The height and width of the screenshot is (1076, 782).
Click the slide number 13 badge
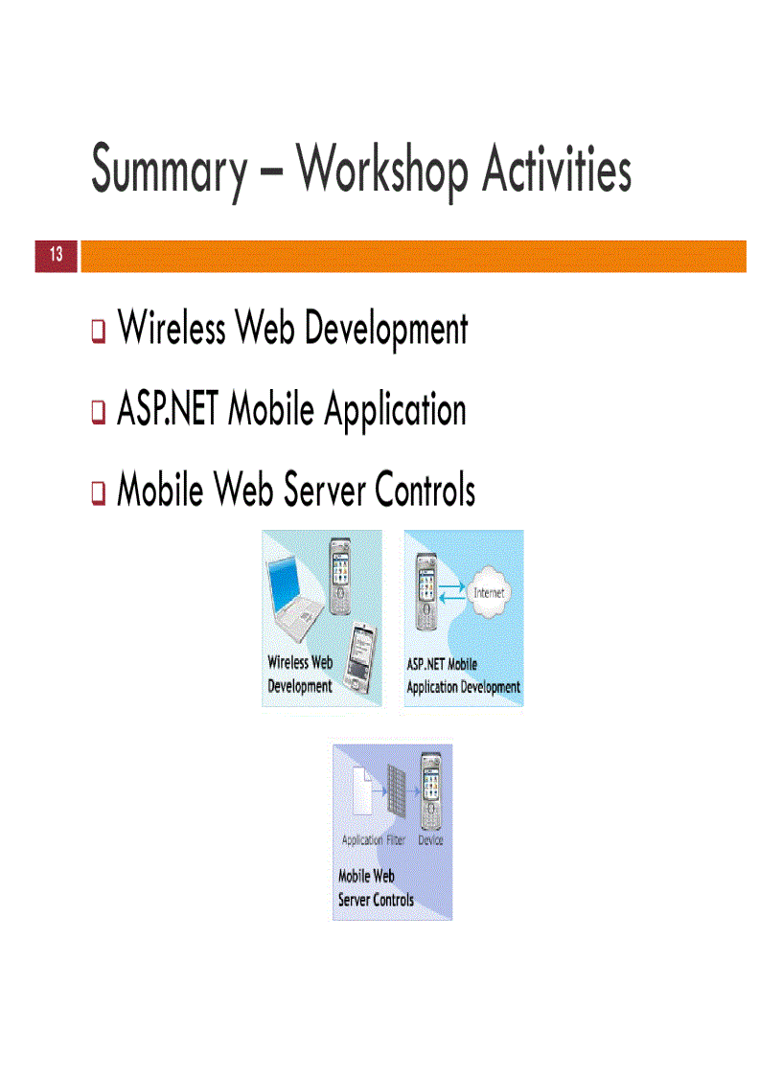click(56, 255)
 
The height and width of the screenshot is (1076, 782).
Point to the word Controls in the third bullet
click(425, 492)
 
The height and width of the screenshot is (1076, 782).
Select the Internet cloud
click(489, 593)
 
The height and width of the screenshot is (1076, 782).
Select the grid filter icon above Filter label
click(395, 794)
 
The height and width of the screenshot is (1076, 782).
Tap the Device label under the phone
click(430, 840)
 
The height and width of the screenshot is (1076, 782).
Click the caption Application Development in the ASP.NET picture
click(463, 687)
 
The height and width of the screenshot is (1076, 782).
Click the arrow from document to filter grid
click(379, 794)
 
